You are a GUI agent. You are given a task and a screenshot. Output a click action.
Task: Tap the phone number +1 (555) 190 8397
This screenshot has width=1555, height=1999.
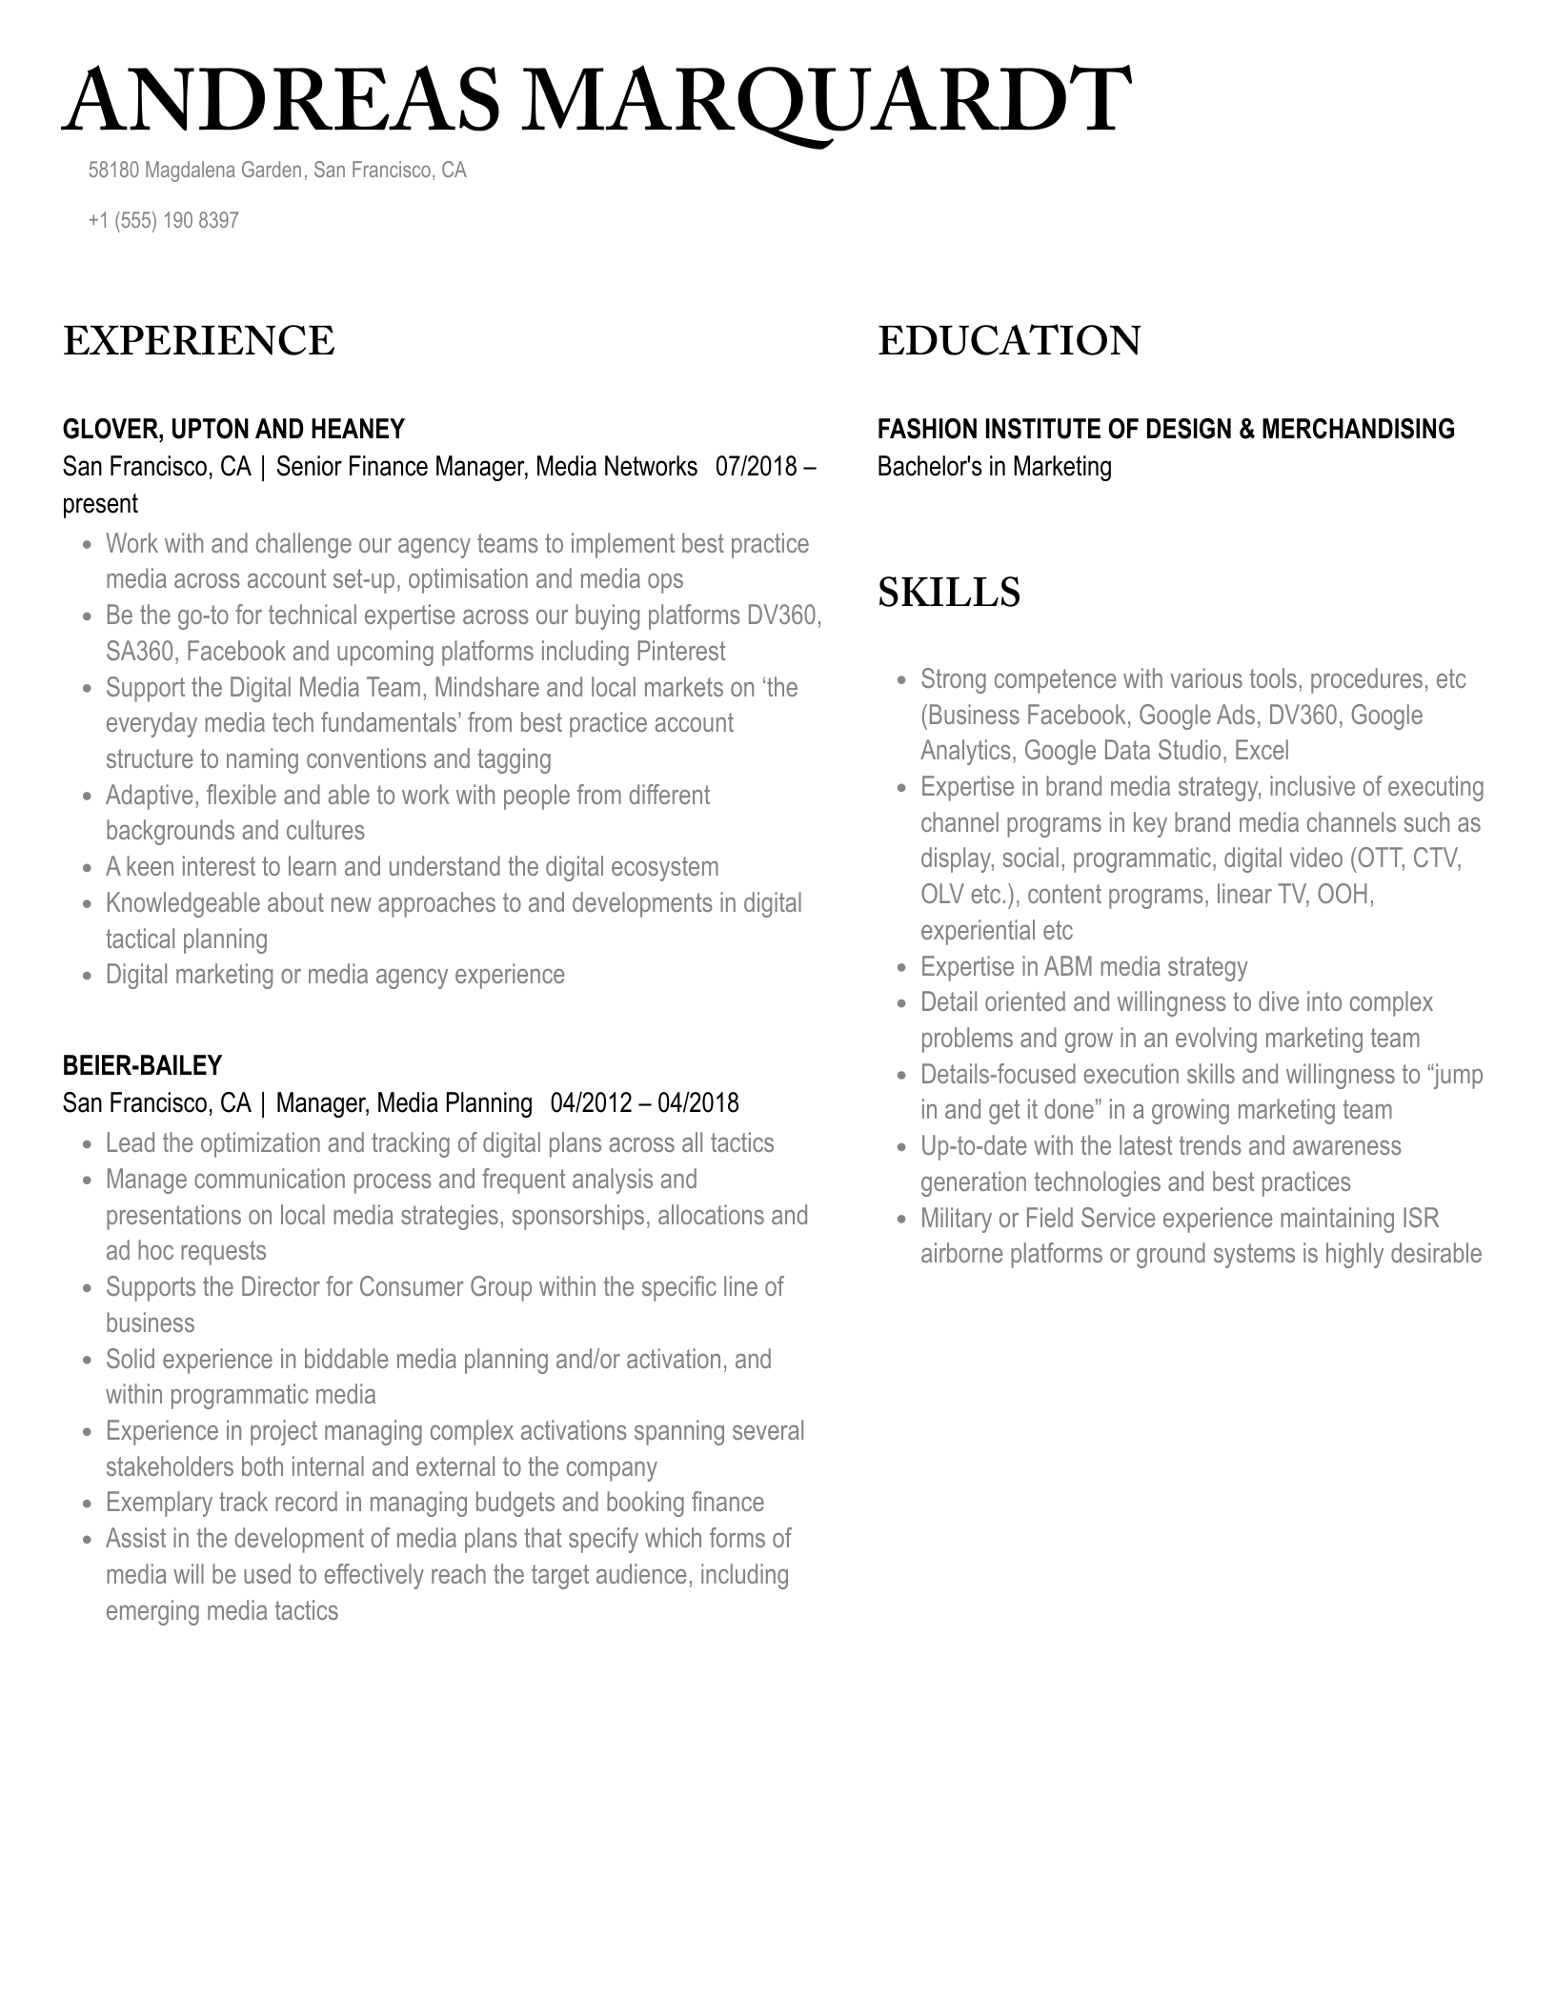click(163, 220)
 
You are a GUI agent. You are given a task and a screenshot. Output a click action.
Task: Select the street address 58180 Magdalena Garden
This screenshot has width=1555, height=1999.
click(195, 171)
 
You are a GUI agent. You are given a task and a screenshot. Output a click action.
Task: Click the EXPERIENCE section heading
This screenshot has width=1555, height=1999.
click(198, 341)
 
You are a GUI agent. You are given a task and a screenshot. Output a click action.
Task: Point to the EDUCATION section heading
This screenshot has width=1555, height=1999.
click(1008, 341)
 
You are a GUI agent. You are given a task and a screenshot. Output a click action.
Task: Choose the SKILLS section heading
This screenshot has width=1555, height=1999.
click(948, 593)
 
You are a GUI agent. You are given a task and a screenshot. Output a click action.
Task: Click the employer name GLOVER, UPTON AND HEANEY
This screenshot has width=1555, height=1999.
click(233, 429)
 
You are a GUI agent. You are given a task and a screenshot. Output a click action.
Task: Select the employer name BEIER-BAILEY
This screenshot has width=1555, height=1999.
click(142, 1065)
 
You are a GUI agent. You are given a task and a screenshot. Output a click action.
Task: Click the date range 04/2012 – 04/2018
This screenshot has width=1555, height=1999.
click(644, 1103)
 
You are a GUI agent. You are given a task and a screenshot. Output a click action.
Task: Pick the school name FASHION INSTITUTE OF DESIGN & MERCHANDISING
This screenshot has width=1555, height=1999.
click(1165, 429)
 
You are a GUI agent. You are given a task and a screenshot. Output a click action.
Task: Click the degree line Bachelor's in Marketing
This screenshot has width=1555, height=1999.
click(994, 467)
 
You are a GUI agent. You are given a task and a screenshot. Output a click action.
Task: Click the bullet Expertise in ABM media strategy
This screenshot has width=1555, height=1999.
click(1083, 967)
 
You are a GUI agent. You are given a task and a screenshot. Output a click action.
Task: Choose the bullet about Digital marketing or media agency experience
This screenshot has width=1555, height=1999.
click(334, 975)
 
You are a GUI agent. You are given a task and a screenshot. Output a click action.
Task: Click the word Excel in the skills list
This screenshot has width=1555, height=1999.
click(1262, 751)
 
